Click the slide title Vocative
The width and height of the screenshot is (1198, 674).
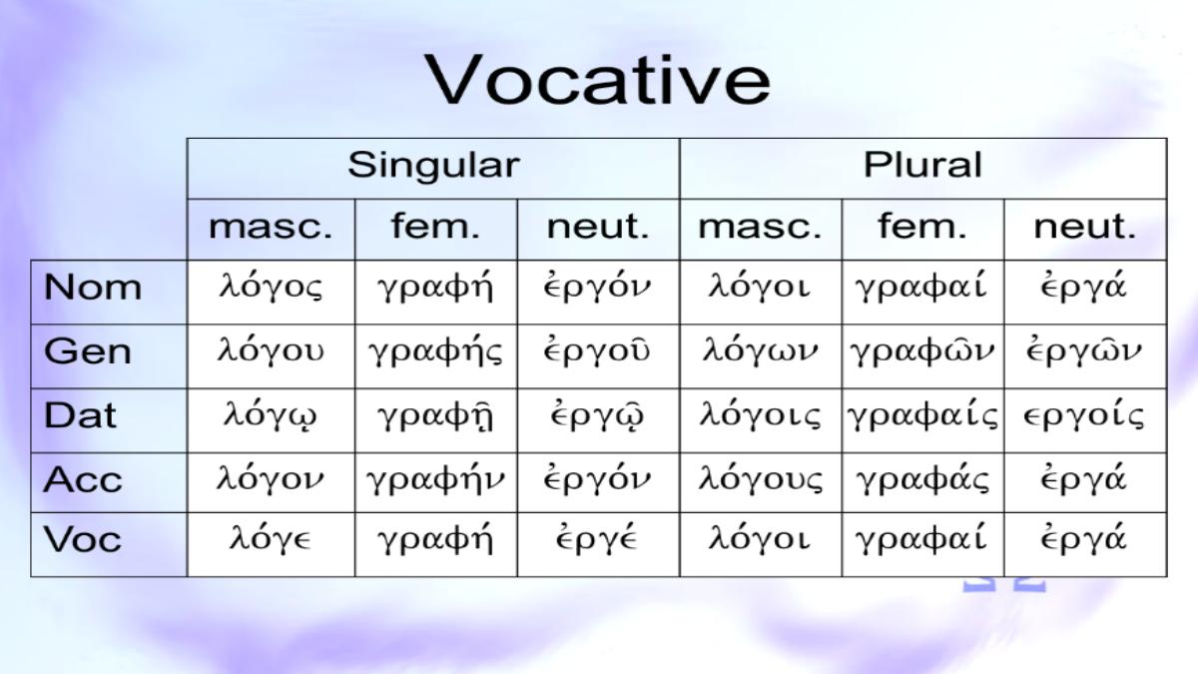[597, 80]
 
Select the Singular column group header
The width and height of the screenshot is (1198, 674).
[433, 166]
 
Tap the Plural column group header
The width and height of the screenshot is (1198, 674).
[923, 164]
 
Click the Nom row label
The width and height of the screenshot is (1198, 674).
[93, 288]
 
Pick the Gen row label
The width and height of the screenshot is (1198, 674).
[88, 351]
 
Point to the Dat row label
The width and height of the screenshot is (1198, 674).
[80, 415]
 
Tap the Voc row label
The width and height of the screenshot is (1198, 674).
[83, 538]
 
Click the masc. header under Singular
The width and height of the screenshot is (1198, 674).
[271, 227]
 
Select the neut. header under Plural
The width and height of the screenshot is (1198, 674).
[1084, 227]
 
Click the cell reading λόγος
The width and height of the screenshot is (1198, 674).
[272, 287]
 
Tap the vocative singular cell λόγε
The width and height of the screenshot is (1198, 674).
[271, 538]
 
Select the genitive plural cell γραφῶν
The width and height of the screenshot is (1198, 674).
[922, 350]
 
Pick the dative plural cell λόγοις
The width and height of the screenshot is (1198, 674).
[760, 415]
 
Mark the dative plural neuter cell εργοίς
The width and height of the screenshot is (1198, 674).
[1083, 415]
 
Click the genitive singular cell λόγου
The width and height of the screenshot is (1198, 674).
[271, 350]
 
